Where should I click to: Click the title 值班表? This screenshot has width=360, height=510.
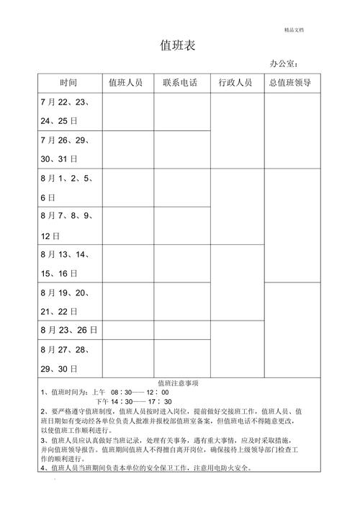tap(178, 46)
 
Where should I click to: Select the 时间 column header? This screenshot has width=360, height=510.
tap(69, 83)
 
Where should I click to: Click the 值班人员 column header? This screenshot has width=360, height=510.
tap(126, 83)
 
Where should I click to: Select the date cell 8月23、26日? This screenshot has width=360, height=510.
tap(69, 331)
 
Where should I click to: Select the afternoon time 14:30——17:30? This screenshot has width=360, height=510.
tap(143, 401)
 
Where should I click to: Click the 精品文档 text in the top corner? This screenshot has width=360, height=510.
tap(294, 30)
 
